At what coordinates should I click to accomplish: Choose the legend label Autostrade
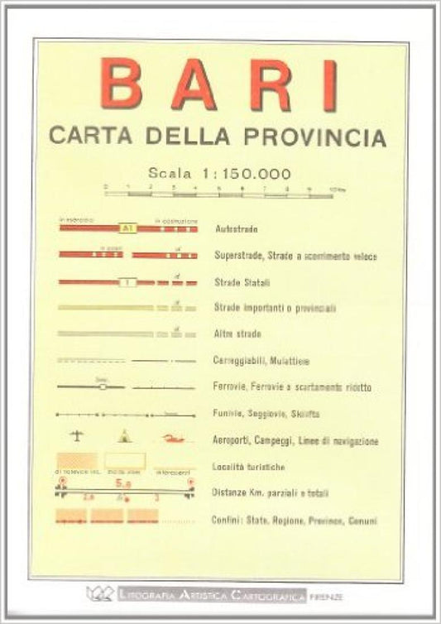(235, 228)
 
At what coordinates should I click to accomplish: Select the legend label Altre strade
(237, 334)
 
